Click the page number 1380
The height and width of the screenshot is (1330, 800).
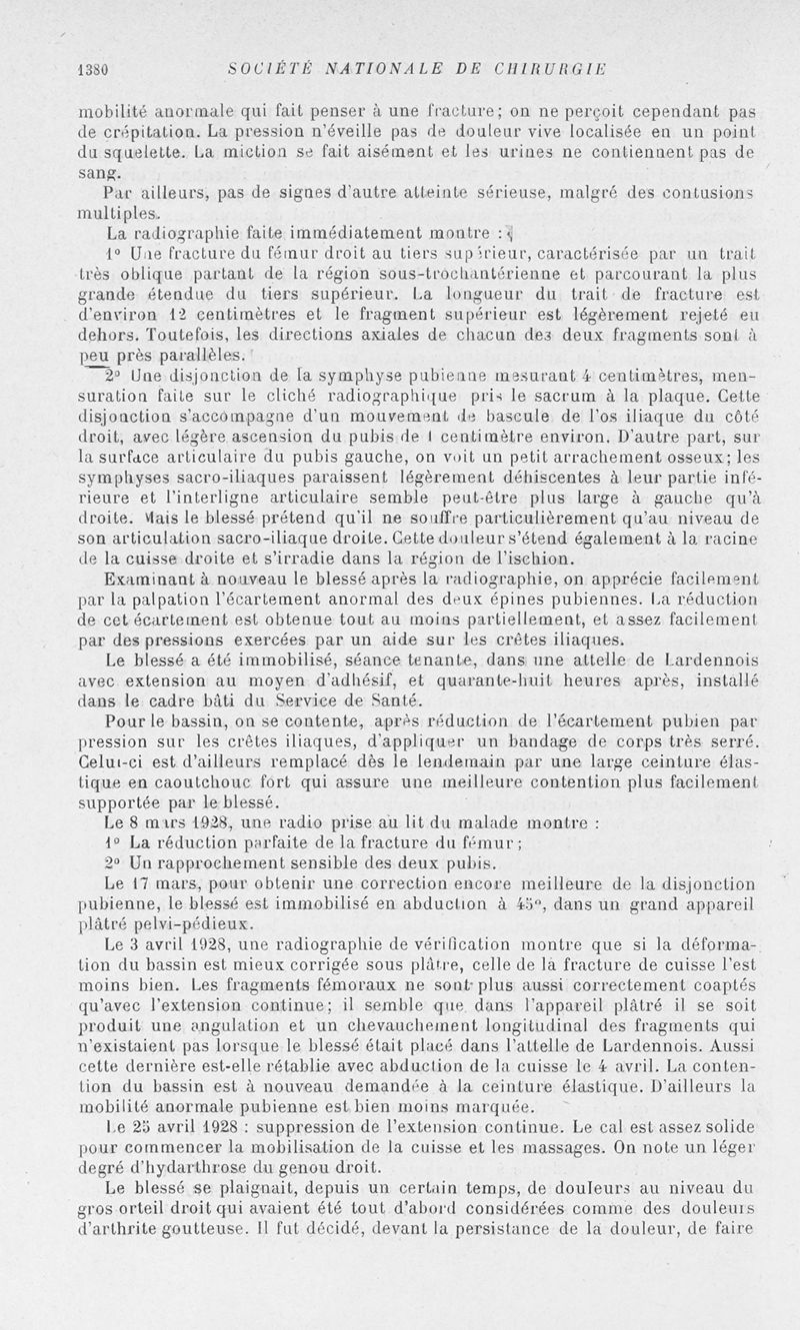[92, 69]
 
